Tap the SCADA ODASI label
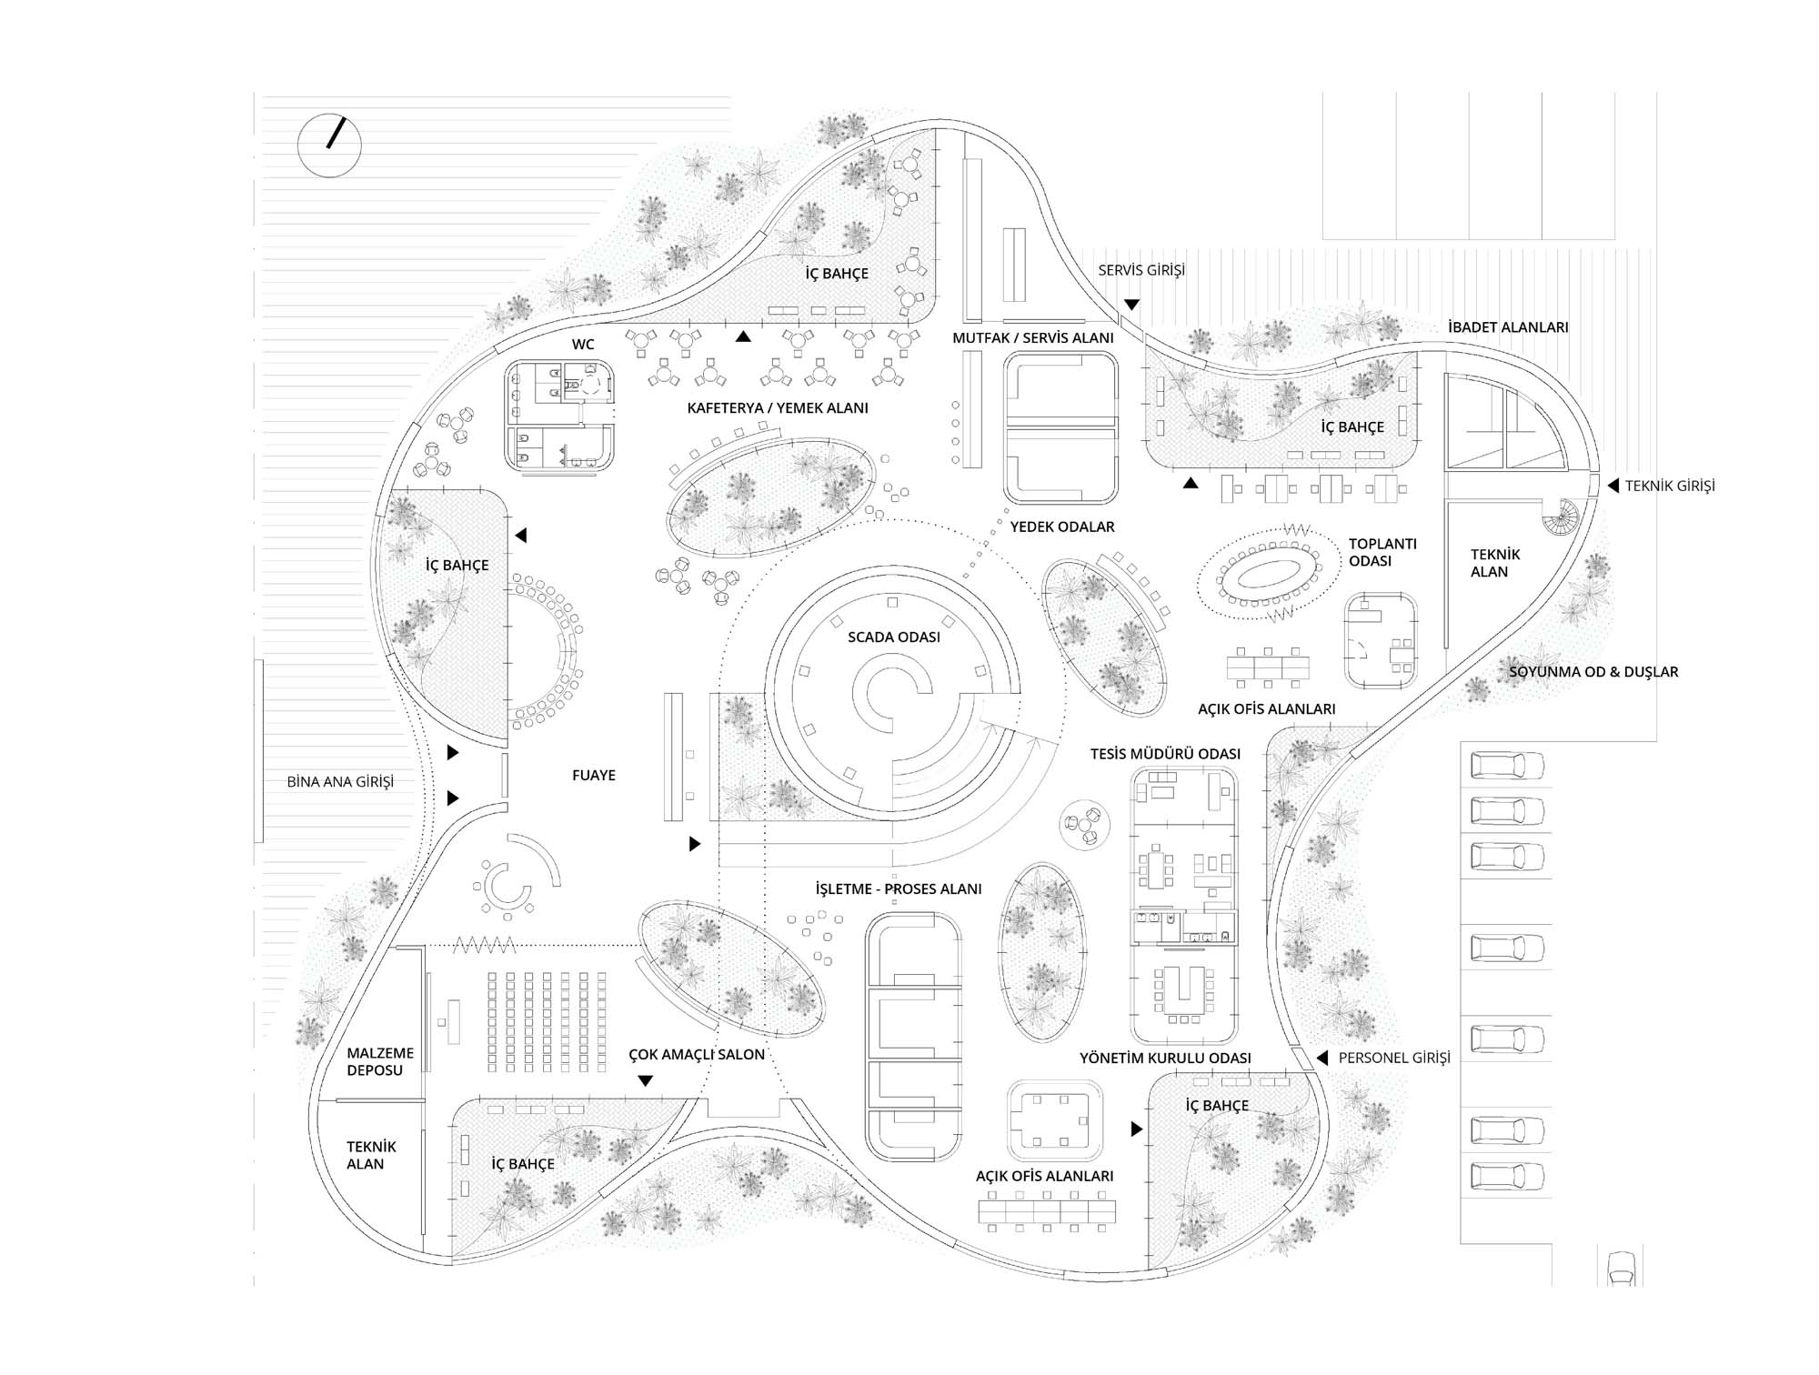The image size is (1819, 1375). tap(894, 637)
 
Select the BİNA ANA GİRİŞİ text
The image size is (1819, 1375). tap(340, 781)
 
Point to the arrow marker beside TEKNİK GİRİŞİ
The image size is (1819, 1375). tap(1613, 486)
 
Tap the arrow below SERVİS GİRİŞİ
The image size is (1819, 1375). tap(1131, 305)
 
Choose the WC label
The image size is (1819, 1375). tap(583, 345)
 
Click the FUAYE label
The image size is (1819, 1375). tap(594, 775)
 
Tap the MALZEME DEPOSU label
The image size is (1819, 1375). tap(380, 1061)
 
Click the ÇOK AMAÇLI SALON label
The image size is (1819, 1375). tap(697, 1055)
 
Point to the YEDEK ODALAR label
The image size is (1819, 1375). tap(1062, 527)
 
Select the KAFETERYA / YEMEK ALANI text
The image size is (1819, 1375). tap(778, 408)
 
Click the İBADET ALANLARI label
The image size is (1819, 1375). tap(1508, 327)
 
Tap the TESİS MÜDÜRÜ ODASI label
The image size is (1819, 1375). tap(1165, 754)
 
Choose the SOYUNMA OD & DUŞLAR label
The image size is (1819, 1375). tap(1593, 672)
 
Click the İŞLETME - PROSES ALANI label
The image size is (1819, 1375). tap(899, 888)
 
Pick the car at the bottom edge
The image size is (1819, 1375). tap(1622, 1268)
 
